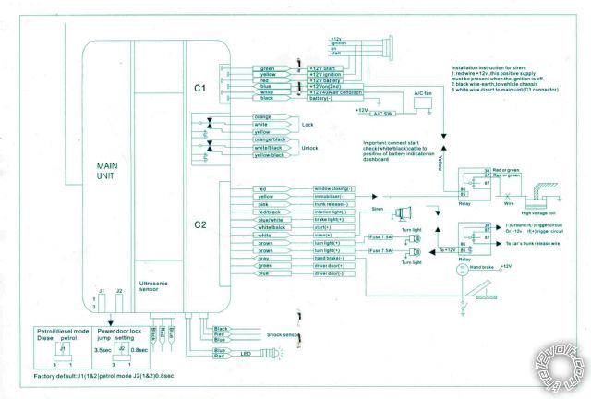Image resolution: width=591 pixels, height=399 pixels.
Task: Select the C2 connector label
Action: tap(200, 224)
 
